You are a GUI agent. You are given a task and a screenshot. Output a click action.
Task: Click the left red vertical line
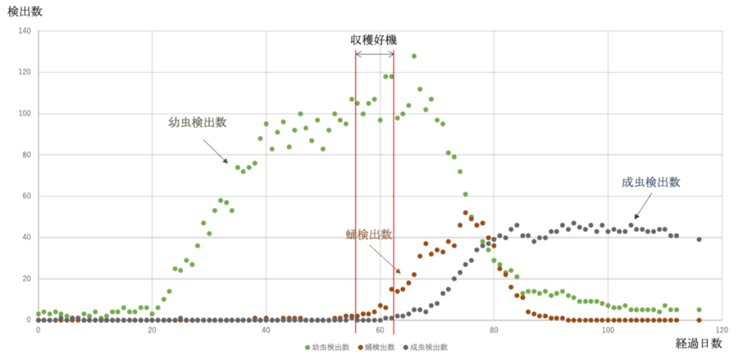tap(356, 189)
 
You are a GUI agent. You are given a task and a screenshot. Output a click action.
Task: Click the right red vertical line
tap(394, 189)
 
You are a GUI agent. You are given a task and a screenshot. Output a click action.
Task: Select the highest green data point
tap(414, 56)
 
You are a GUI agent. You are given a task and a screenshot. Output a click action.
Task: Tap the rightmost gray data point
tap(699, 239)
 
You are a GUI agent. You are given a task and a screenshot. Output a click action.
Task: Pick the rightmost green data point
tap(699, 310)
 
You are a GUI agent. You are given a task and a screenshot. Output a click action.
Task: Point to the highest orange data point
tap(466, 212)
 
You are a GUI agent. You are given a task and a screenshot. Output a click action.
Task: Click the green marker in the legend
tap(307, 348)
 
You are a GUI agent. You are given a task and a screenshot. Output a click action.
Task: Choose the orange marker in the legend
tap(360, 348)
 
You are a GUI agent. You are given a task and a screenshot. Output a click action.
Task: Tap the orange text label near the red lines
tap(368, 234)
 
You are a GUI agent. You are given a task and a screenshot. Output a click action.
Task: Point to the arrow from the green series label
tap(215, 150)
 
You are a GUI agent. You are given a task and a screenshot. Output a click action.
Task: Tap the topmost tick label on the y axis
tap(24, 31)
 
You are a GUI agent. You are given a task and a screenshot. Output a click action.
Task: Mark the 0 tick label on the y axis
tap(27, 319)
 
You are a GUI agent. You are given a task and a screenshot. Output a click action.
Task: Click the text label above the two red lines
tap(375, 39)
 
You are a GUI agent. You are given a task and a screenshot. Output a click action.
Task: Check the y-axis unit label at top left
tap(18, 11)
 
